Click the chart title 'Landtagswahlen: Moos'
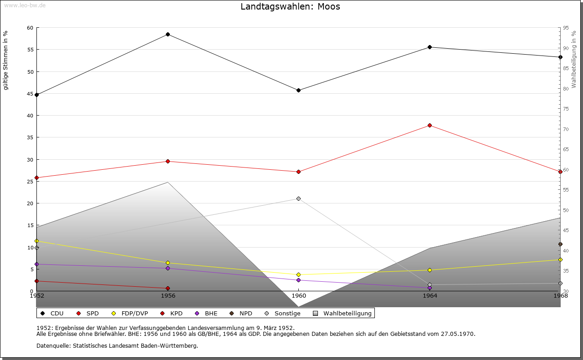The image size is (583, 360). tap(290, 7)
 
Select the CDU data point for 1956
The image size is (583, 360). tap(168, 35)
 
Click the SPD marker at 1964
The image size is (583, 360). tap(430, 126)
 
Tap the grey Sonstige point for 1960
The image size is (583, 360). tap(298, 199)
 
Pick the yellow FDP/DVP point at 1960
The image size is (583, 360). tap(298, 275)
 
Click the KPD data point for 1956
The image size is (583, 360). tap(168, 289)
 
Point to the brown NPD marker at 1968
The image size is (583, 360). tap(560, 244)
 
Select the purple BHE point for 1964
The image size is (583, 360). tap(430, 288)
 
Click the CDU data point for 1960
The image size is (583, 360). tap(298, 91)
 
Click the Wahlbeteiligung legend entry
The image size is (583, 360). tap(347, 314)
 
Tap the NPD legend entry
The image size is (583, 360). tap(245, 314)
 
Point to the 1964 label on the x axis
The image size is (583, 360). tap(430, 296)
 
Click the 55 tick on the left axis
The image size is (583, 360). tap(30, 50)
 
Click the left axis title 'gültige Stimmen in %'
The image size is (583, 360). tap(6, 60)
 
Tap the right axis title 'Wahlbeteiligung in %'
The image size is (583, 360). tap(574, 59)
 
